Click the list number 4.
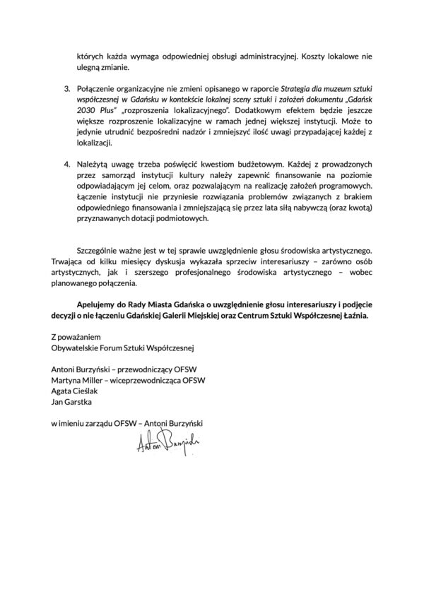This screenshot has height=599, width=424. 67,163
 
